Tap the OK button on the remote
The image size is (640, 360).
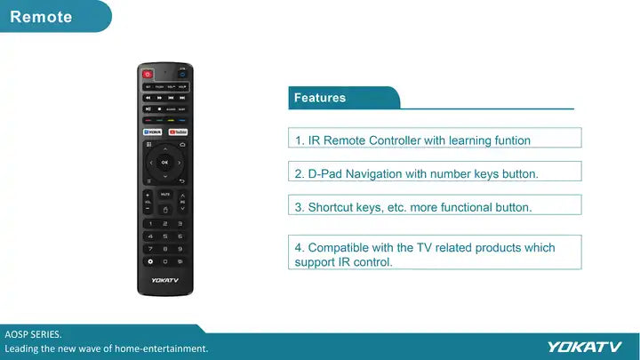(164, 163)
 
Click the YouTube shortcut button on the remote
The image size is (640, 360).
(178, 132)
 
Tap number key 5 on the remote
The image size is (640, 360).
(164, 236)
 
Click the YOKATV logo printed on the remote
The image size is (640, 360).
(164, 280)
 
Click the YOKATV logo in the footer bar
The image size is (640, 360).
(584, 347)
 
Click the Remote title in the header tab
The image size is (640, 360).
(41, 17)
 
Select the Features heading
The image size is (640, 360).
(320, 98)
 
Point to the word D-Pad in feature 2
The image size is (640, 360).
(325, 174)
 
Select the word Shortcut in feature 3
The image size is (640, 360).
(332, 207)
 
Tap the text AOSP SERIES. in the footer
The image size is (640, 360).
(34, 334)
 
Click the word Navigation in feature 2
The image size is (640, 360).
(374, 174)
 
